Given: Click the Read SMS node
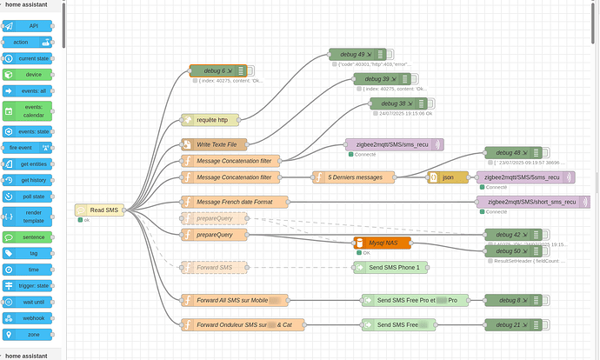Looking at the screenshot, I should coord(99,210).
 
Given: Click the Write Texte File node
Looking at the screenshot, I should coord(213,144).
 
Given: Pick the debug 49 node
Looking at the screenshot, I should coord(357,54).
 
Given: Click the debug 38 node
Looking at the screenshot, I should coord(397,103).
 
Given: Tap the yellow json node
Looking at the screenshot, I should coord(446,177).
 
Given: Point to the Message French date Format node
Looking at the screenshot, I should coord(235,202).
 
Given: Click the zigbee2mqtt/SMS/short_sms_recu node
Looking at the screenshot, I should coord(531,202).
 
